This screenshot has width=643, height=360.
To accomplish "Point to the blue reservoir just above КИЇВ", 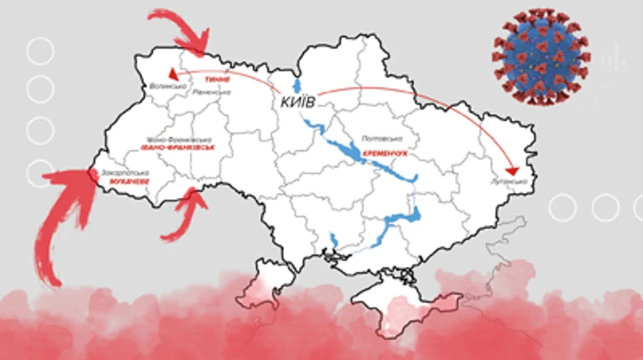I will tap(294, 88).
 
